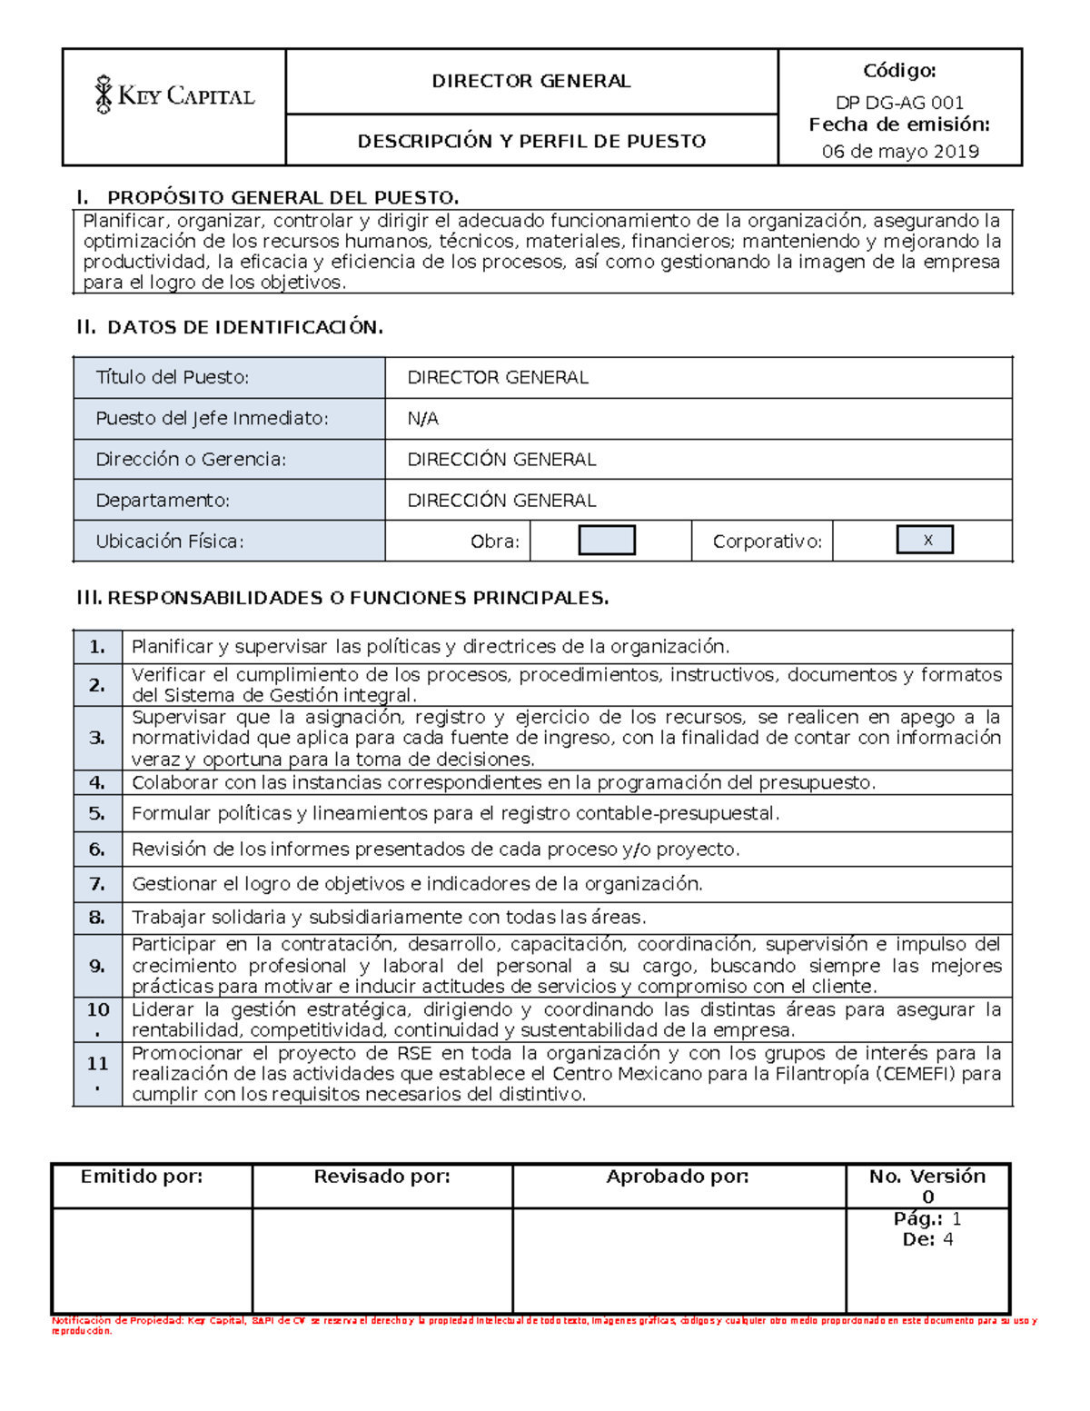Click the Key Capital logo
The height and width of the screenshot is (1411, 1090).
click(x=174, y=95)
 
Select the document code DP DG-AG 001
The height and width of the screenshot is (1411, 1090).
click(x=899, y=103)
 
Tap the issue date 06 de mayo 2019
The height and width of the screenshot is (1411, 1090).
click(x=900, y=152)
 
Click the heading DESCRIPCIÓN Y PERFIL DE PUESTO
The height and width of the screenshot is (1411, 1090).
click(x=531, y=141)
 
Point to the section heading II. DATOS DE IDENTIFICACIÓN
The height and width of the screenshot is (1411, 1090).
click(x=230, y=327)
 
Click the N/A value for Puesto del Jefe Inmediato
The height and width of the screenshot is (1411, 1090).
click(x=422, y=419)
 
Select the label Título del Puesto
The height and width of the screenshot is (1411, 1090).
click(x=172, y=377)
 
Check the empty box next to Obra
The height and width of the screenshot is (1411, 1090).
click(x=607, y=541)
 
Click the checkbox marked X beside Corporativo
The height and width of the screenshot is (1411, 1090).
click(x=925, y=540)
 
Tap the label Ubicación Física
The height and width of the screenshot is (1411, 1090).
click(x=170, y=542)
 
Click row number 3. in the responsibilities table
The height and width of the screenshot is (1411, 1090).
click(x=97, y=738)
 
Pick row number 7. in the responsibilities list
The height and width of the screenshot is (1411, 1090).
click(x=97, y=884)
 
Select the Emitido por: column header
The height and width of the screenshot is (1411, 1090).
click(x=142, y=1177)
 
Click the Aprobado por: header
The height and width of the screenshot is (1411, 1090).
click(x=678, y=1177)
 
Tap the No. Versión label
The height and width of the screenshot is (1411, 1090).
click(x=926, y=1177)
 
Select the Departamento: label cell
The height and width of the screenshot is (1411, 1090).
click(x=163, y=501)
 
